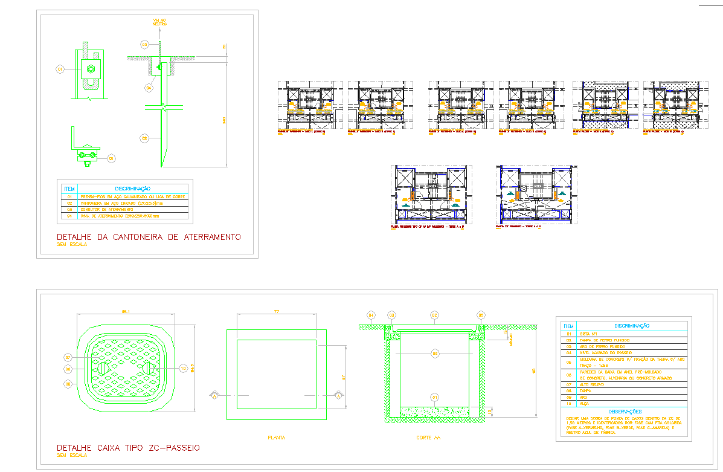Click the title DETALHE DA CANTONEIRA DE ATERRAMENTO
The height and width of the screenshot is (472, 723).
pos(148,237)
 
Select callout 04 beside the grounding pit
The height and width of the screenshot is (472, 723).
pos(149,88)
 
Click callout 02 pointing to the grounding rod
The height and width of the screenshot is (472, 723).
pos(144,138)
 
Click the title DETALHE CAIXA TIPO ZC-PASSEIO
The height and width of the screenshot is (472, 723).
pos(127,448)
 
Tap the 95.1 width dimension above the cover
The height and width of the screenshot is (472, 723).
pos(127,311)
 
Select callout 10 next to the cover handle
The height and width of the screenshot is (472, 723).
pos(183,367)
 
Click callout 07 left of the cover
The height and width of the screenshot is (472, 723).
pos(69,357)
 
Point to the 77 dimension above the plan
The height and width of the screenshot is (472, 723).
pos(276,311)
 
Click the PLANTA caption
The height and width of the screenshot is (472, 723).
pos(276,437)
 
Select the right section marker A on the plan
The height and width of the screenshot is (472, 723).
pos(338,395)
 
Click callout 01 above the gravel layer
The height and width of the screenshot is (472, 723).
pos(434,396)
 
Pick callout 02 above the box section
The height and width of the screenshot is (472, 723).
pos(434,315)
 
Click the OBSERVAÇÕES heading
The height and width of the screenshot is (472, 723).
pos(624,412)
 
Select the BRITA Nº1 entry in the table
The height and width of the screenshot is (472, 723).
pos(589,333)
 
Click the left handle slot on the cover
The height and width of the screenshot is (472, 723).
pos(104,368)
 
